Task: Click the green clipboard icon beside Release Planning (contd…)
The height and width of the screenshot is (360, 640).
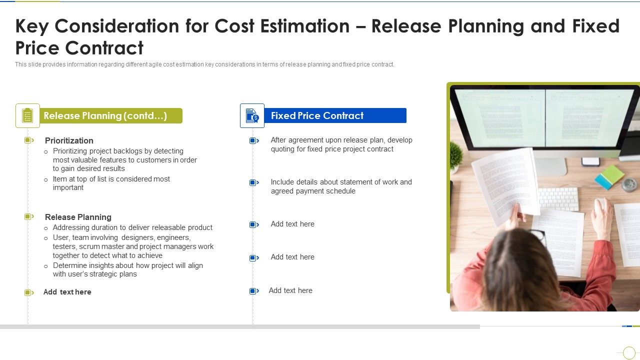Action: tap(27, 116)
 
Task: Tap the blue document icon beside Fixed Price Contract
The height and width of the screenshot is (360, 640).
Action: tap(252, 116)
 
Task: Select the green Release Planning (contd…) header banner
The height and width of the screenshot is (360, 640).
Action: tap(110, 116)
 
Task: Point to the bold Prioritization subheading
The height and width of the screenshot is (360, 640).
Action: tap(69, 140)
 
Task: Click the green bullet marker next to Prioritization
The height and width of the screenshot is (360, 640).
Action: tap(28, 140)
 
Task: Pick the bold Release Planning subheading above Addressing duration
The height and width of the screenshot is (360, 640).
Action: tap(78, 217)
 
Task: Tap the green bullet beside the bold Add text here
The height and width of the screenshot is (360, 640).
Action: tap(28, 292)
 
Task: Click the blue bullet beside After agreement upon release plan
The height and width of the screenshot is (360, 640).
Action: tap(253, 141)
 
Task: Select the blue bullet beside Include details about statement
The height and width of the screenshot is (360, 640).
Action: tap(253, 183)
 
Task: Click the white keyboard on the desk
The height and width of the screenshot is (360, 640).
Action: tap(558, 198)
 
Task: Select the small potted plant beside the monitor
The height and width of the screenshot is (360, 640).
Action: tap(455, 155)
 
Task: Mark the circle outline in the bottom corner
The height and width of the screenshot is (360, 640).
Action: tap(629, 352)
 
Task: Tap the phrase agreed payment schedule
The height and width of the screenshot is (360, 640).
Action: tap(313, 191)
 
